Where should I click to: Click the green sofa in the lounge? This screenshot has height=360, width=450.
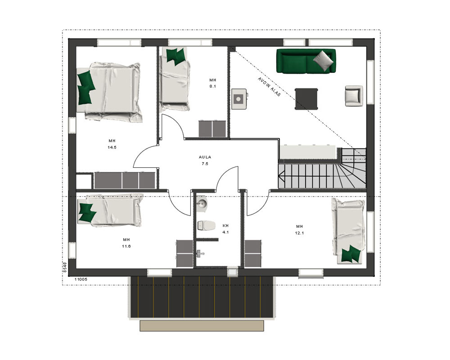tap(306, 61)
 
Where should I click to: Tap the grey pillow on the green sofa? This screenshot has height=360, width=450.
tap(324, 60)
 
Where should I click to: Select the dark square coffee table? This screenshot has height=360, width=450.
tap(306, 99)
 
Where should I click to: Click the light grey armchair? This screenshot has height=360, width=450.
tap(354, 96)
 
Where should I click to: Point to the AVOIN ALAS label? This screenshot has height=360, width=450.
tap(269, 87)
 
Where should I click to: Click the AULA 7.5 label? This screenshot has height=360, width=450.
tap(205, 161)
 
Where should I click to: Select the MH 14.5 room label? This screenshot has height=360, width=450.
tap(112, 144)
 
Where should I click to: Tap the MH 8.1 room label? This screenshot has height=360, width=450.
tap(213, 83)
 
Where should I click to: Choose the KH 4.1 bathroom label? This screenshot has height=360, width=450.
tap(225, 229)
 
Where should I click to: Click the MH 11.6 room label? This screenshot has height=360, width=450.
tap(126, 243)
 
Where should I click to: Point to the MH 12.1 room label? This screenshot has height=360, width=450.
tap(299, 229)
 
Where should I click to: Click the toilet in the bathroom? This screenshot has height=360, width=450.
tap(207, 225)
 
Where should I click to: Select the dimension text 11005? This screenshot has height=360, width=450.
tap(81, 279)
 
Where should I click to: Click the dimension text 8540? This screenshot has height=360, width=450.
tap(65, 267)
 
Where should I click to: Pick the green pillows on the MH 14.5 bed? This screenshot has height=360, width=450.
tap(85, 88)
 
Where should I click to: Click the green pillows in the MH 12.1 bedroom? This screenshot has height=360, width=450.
tap(351, 254)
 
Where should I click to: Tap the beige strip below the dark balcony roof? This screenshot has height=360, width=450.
tap(202, 326)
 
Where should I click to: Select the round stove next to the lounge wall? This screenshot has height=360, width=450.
tap(239, 99)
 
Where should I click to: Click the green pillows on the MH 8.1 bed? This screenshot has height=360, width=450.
tap(175, 56)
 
